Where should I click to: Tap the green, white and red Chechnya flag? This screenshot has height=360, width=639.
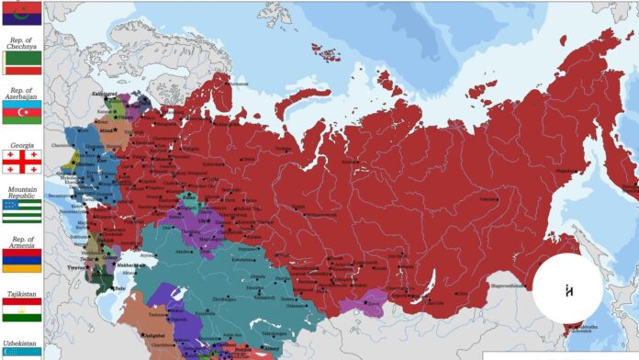21,62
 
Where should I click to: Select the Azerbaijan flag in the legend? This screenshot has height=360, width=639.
21,112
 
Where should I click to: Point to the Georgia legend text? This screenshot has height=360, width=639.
21,145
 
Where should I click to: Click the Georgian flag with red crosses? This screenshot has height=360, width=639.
21,162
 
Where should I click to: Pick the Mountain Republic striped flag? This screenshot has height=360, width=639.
21,212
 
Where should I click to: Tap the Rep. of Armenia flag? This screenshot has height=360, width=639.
21,261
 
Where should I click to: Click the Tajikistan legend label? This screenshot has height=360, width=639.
21,294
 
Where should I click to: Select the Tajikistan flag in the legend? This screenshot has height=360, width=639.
21,310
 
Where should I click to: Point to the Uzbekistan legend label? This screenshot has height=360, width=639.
21,341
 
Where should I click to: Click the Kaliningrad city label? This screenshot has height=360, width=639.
104,94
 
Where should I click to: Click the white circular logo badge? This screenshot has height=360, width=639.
567,288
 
